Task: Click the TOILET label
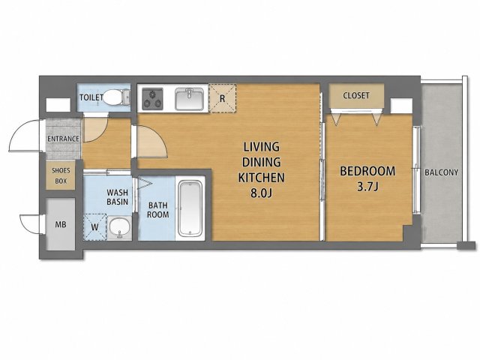[x=91, y=97]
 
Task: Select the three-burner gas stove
[x=152, y=98]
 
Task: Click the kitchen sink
[x=189, y=98]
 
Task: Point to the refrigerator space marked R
[x=223, y=98]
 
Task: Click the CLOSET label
[x=356, y=95]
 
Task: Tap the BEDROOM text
[x=367, y=171]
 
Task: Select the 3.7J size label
[x=367, y=187]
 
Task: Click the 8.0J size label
[x=262, y=193]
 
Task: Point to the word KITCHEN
[x=262, y=178]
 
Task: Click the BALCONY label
[x=442, y=172]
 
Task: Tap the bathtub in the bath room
[x=190, y=208]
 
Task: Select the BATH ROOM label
[x=158, y=210]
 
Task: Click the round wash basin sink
[x=120, y=228]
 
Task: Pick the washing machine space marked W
[x=95, y=226]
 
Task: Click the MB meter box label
[x=61, y=225]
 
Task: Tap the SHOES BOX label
[x=61, y=175]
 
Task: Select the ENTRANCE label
[x=63, y=139]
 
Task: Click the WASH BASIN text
[x=117, y=197]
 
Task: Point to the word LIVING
[x=262, y=147]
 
